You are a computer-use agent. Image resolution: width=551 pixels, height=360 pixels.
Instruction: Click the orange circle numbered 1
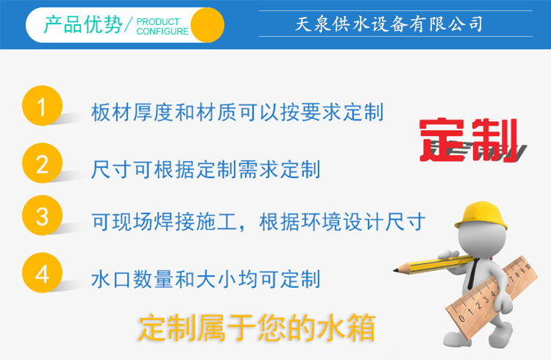click(x=42, y=106)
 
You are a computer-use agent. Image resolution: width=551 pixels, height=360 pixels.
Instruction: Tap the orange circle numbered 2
click(x=42, y=163)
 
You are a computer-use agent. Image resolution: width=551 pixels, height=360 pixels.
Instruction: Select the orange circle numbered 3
click(x=42, y=215)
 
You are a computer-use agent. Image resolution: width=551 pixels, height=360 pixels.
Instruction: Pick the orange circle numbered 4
click(x=42, y=273)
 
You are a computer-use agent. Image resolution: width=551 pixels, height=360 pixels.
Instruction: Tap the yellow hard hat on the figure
click(x=480, y=215)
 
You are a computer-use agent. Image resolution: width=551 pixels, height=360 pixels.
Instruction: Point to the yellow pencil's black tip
click(x=396, y=270)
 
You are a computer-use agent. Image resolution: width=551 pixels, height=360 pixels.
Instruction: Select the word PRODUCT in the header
click(x=158, y=21)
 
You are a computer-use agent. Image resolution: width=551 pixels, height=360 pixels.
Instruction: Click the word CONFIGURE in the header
click(x=162, y=32)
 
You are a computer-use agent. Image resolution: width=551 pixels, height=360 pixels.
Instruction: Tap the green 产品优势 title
click(x=83, y=24)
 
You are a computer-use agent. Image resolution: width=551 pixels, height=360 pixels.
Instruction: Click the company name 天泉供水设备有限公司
click(x=389, y=24)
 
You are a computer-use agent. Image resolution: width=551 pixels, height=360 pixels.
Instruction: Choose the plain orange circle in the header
click(x=207, y=25)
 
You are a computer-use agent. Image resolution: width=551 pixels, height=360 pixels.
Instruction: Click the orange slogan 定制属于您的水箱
click(x=256, y=328)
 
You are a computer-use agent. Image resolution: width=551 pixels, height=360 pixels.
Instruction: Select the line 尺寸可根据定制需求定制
click(x=206, y=170)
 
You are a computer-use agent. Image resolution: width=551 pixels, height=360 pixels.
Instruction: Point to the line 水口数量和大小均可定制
click(x=206, y=279)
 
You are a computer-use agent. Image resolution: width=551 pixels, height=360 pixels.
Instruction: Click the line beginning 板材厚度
click(x=237, y=112)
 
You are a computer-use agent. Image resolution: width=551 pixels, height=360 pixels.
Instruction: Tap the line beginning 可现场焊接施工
click(x=259, y=222)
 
